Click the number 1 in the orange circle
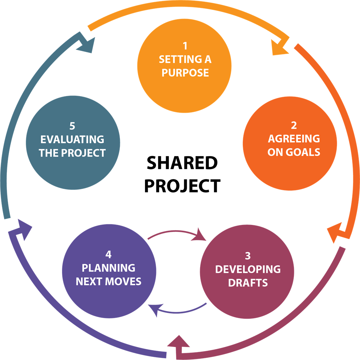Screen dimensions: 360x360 point(185,46)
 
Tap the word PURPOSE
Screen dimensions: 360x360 point(185,73)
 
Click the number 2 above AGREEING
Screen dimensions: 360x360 point(294,125)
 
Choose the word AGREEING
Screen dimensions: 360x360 point(294,139)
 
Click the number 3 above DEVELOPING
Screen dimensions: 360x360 point(248,256)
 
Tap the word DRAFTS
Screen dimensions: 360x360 point(248,282)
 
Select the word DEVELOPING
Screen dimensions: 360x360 point(248,269)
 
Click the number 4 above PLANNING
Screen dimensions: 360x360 point(109,254)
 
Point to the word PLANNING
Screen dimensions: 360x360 point(109,268)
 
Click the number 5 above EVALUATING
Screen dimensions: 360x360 point(72,126)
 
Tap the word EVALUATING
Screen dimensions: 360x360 point(72,140)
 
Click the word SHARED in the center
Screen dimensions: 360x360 point(182,163)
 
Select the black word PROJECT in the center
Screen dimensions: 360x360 point(183,186)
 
